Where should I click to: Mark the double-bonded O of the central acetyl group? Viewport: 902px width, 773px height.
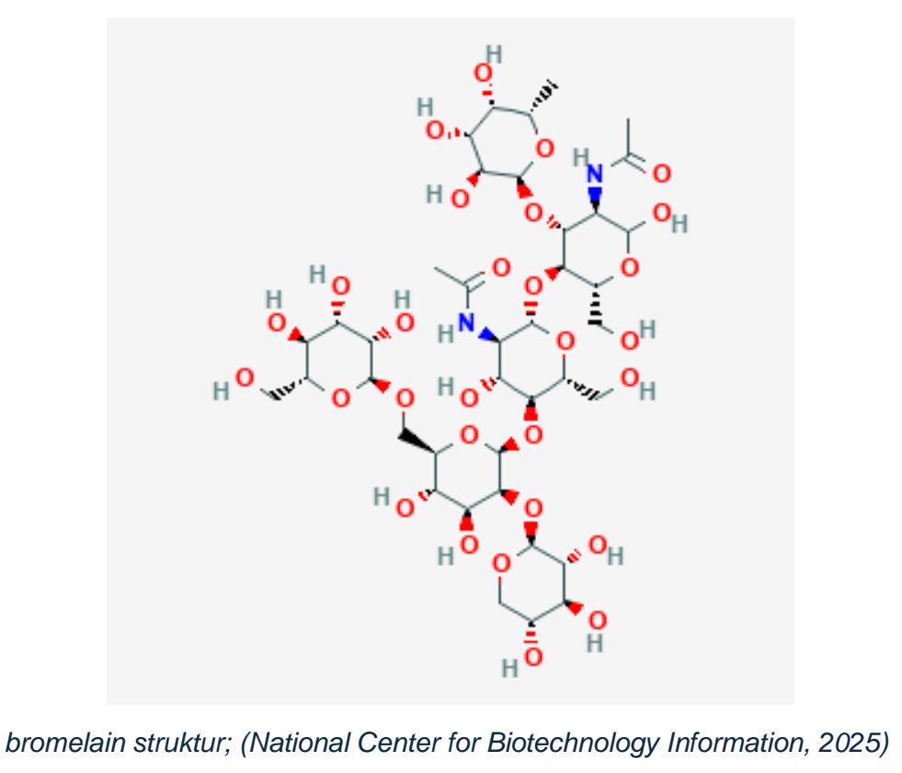coord(501,267)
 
